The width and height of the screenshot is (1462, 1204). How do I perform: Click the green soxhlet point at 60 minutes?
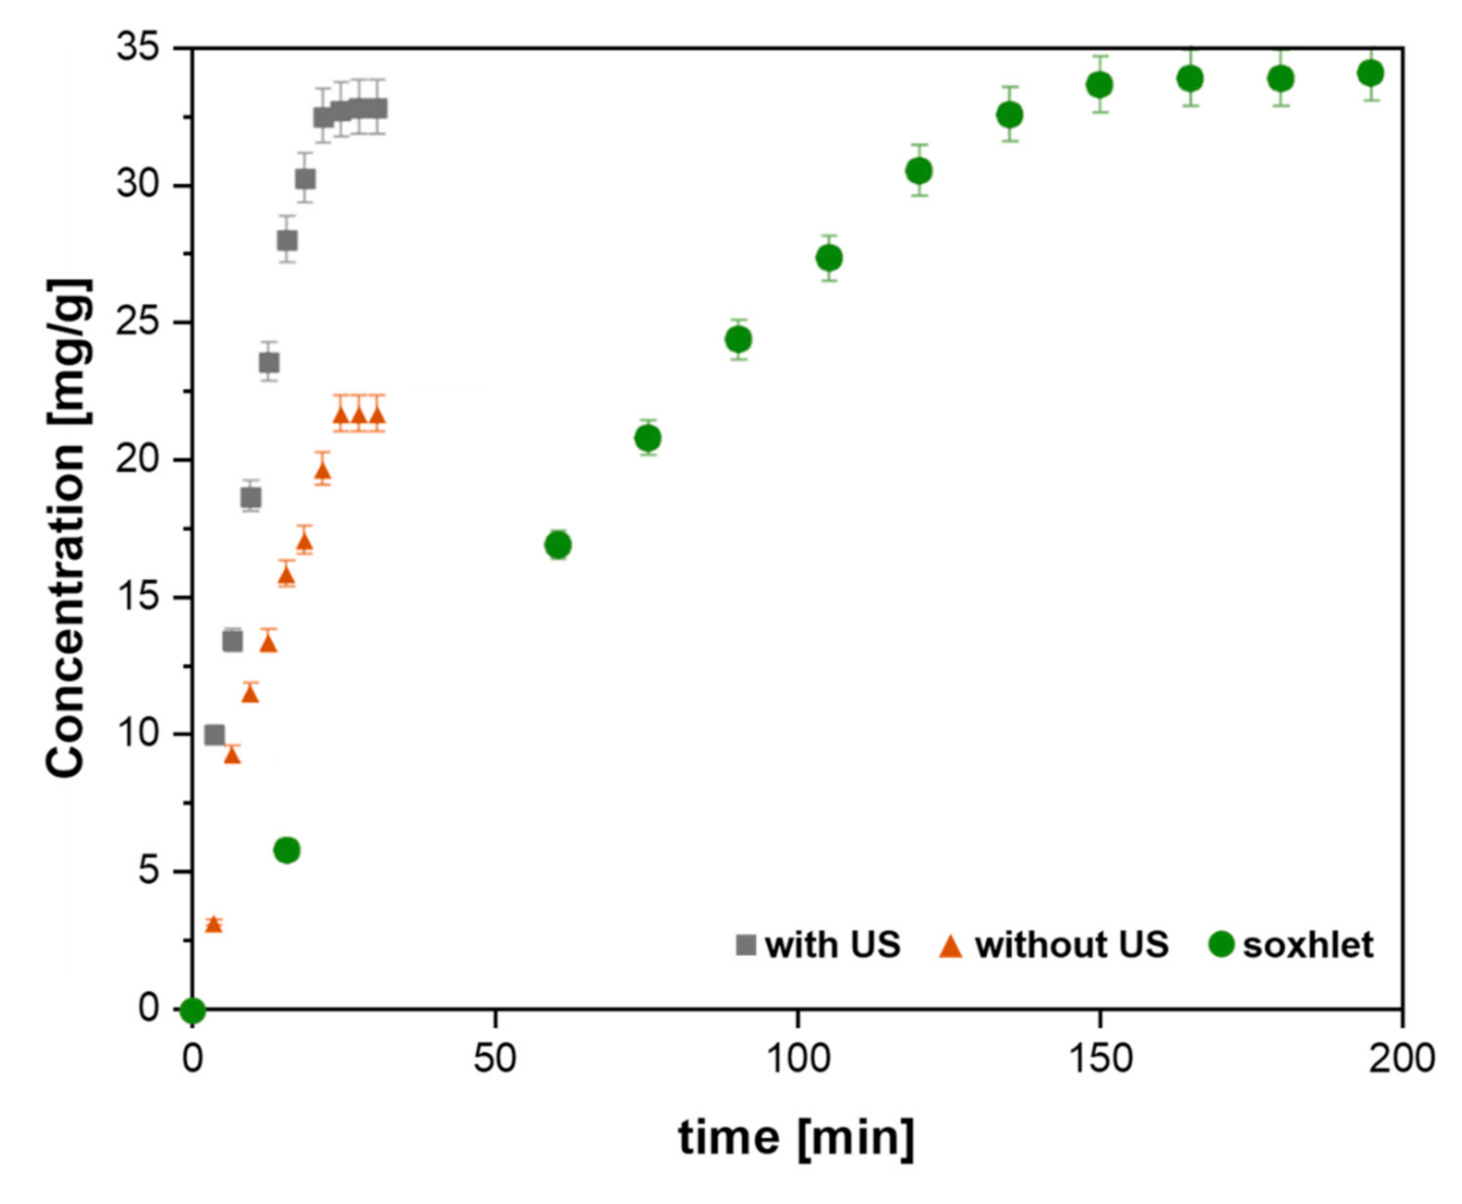click(557, 545)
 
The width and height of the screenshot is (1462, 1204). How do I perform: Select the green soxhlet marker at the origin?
click(193, 1010)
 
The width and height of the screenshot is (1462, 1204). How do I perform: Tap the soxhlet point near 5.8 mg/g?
click(287, 850)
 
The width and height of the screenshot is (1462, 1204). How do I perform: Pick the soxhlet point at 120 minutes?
click(919, 171)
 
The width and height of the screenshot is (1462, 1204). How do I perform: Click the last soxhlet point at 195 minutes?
click(1370, 73)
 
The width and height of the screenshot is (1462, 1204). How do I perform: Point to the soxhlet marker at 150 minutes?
click(1099, 84)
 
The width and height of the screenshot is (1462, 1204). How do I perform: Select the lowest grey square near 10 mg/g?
click(214, 735)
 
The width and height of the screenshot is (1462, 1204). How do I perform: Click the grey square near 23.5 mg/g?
click(269, 363)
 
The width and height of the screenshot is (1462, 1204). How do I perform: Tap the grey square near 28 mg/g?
click(287, 240)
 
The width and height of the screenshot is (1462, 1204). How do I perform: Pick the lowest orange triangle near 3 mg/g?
click(213, 925)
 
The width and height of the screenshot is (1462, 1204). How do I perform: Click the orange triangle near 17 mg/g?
click(304, 543)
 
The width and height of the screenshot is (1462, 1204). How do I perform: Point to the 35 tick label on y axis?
click(138, 47)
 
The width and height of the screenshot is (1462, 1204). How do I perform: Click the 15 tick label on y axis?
click(138, 596)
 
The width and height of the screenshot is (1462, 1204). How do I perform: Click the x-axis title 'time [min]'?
click(796, 1137)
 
